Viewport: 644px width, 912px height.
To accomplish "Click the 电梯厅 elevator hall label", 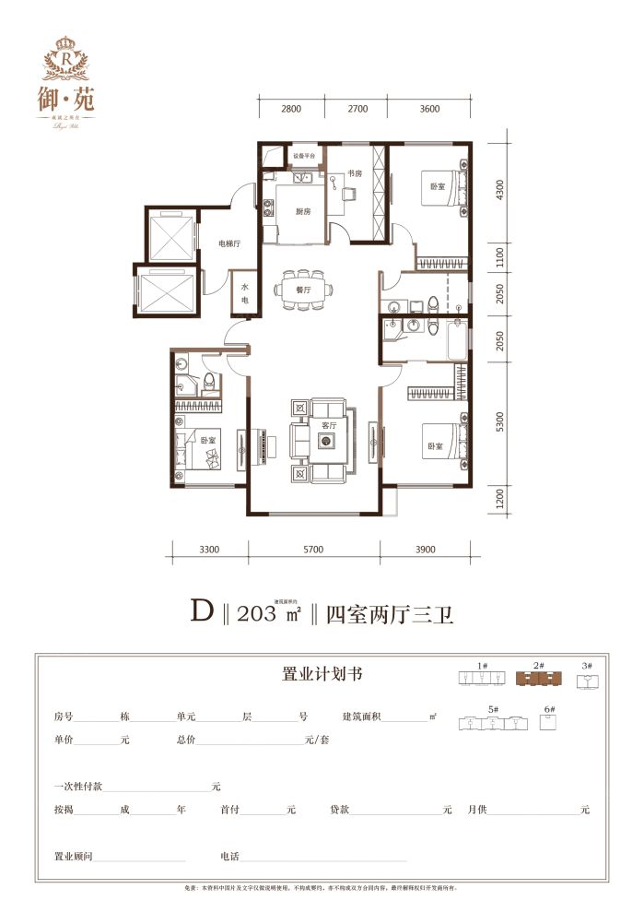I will (228, 244).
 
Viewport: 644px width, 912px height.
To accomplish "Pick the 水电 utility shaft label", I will (245, 293).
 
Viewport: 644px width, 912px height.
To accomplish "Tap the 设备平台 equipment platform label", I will (304, 157).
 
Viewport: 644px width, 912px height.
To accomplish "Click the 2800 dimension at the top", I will (291, 110).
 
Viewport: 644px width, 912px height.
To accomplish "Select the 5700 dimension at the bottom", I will (313, 551).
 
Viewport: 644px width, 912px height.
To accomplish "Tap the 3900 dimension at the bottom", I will (426, 551).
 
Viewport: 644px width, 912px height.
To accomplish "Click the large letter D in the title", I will (202, 611).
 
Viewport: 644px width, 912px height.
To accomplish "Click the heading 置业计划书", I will (321, 674).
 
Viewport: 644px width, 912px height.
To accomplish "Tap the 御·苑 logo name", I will (71, 95).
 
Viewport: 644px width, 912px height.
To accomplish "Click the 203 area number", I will (256, 613).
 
